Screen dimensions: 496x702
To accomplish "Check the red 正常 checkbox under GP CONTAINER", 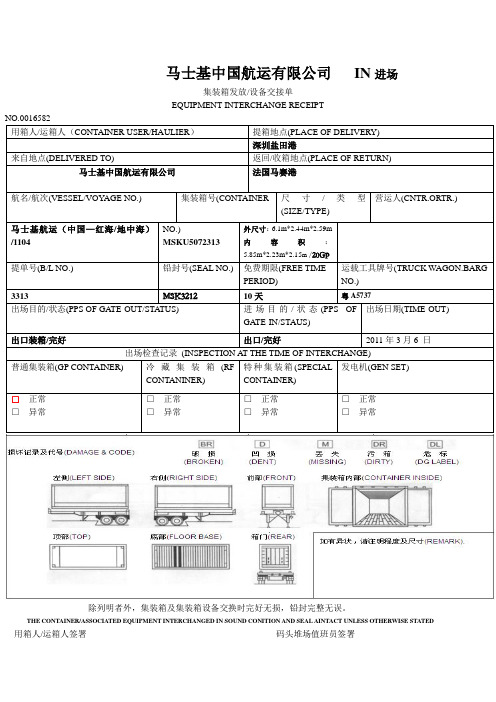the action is click(15, 399).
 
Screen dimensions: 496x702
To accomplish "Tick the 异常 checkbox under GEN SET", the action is click(347, 411).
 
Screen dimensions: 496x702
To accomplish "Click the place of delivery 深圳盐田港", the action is click(275, 145).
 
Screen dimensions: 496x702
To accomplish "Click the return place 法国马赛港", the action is click(275, 172).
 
